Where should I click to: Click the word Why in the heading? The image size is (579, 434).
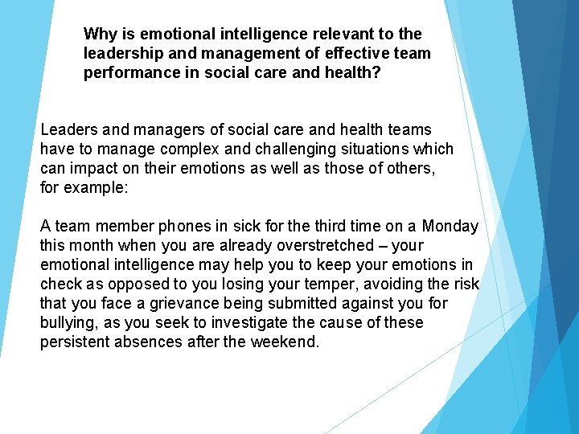(x=100, y=34)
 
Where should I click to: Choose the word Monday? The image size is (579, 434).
(x=450, y=226)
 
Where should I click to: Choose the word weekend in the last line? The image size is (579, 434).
(x=288, y=342)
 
